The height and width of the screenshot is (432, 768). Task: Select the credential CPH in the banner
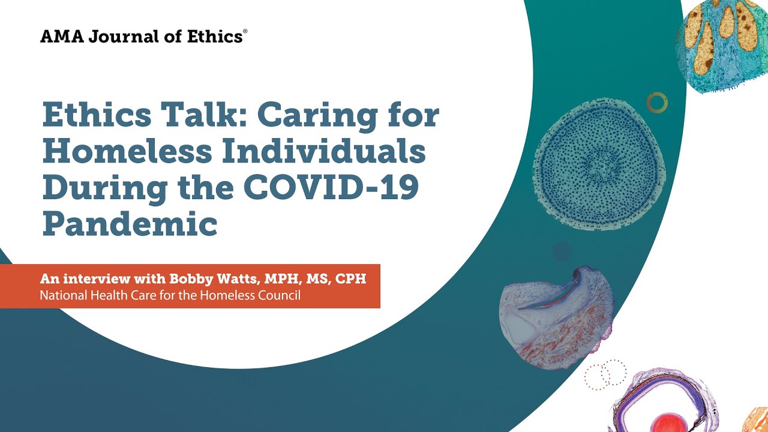pos(353,279)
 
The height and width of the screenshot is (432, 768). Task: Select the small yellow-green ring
pos(657,103)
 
